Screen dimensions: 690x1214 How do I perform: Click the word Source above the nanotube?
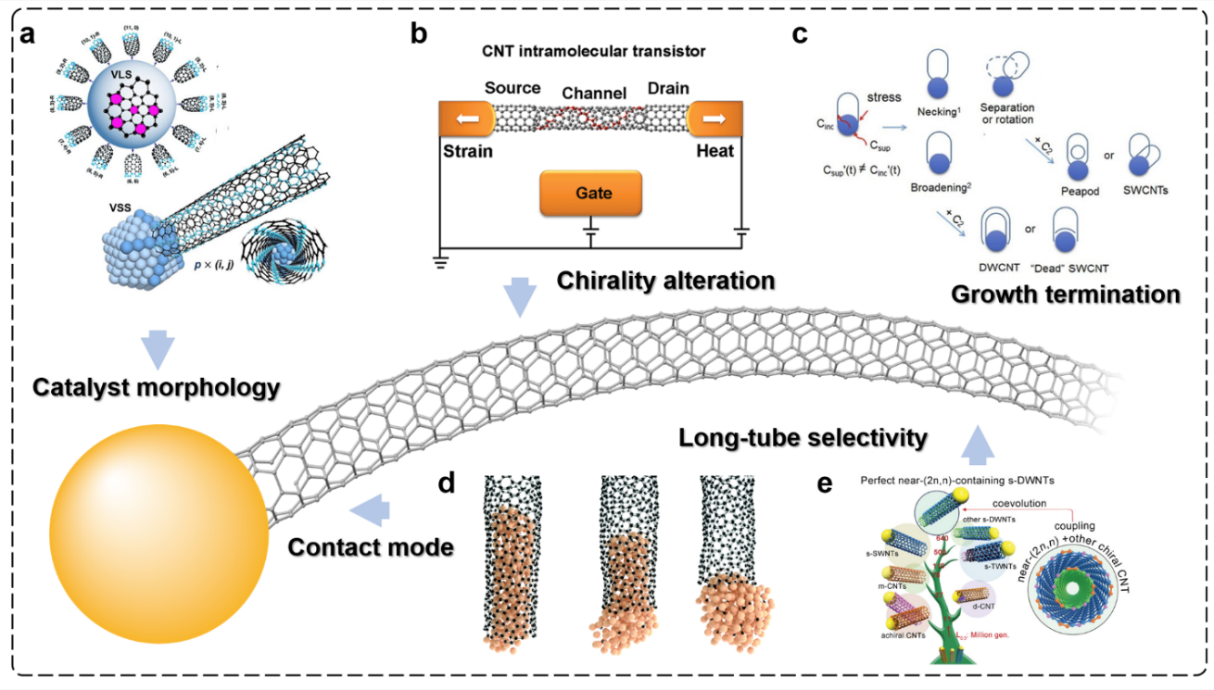click(512, 89)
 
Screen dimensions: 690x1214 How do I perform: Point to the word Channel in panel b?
click(594, 93)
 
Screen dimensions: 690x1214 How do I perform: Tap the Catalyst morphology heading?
click(156, 386)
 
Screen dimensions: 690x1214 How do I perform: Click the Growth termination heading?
click(1066, 295)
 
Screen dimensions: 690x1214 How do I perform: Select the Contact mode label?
click(371, 546)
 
